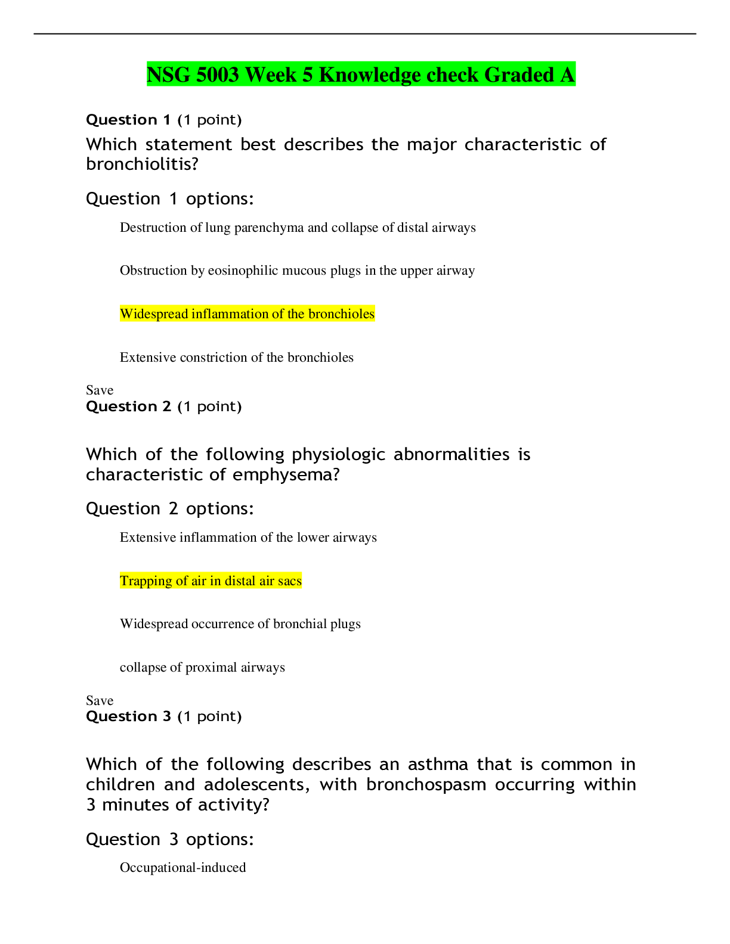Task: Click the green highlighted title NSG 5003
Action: (x=361, y=74)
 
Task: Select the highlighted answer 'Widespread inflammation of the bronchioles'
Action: (x=247, y=314)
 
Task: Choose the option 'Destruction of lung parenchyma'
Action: (x=297, y=228)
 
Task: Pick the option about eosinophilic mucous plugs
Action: (x=297, y=271)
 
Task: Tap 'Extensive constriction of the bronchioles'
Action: (x=236, y=358)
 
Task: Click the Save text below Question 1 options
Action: (x=100, y=390)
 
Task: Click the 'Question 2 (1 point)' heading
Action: (x=163, y=406)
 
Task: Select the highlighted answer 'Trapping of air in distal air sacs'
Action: (x=211, y=581)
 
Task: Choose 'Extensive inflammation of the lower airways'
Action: (x=248, y=538)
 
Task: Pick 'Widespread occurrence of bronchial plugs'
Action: (x=240, y=624)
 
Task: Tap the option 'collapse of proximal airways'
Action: (x=202, y=667)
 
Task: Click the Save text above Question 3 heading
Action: (x=100, y=701)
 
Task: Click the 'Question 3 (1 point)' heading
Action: (x=163, y=716)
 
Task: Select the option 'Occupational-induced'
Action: (x=182, y=868)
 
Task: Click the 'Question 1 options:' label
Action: (x=169, y=199)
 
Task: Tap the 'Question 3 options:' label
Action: (x=169, y=840)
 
